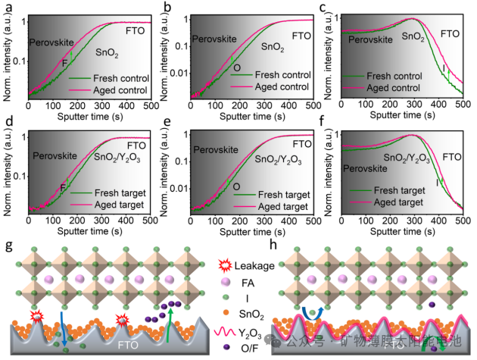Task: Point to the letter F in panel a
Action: [64, 62]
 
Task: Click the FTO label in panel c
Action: [450, 34]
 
